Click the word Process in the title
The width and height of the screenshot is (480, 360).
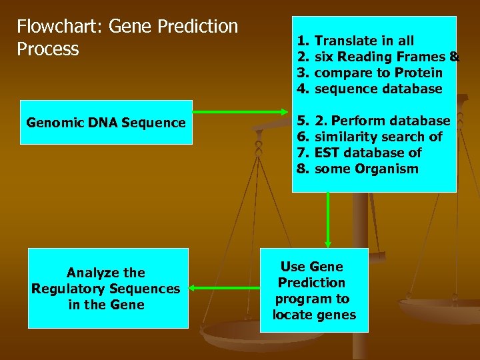[48, 49]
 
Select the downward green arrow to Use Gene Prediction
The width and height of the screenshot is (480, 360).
[327, 220]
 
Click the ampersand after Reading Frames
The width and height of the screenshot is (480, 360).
[454, 57]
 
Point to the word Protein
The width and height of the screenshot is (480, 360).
[418, 73]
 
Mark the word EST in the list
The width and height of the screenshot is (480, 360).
[327, 153]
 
